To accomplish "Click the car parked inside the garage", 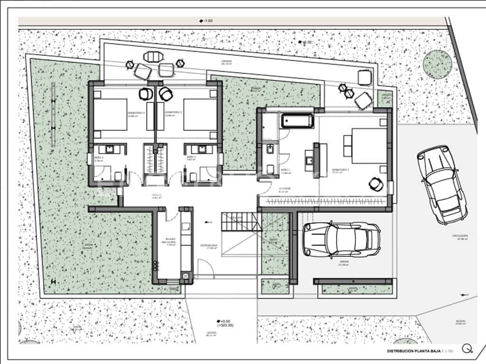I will tap(341, 239).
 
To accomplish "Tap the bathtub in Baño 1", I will tap(297, 121).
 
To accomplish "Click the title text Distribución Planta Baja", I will tap(413, 351).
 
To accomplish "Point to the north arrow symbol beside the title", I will tap(467, 349).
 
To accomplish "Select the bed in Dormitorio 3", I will tap(110, 114).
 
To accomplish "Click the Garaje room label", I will tap(344, 264).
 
